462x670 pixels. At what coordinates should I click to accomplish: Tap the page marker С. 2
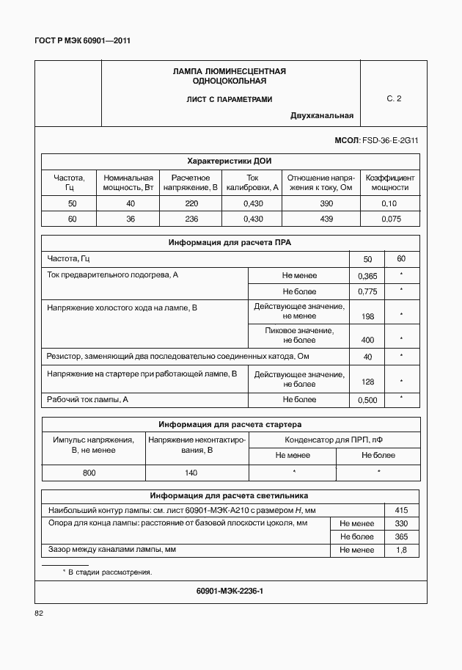click(x=394, y=98)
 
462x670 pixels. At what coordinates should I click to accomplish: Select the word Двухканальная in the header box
click(x=322, y=116)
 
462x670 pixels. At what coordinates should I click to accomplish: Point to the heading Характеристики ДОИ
click(x=230, y=161)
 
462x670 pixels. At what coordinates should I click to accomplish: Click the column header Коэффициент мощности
click(x=390, y=183)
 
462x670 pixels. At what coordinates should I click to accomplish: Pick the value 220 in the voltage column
click(x=191, y=203)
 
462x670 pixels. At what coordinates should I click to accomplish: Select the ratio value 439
click(x=326, y=219)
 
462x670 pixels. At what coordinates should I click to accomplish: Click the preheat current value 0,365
click(x=367, y=276)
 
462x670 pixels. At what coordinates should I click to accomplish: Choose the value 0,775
click(x=367, y=291)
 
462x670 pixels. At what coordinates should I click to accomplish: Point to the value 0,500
click(x=367, y=401)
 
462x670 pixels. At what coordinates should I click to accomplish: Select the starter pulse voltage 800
click(x=89, y=473)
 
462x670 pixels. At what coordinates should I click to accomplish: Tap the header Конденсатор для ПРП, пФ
click(x=334, y=440)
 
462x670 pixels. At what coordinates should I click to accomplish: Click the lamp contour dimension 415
click(x=401, y=510)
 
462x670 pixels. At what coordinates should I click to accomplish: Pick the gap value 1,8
click(x=401, y=550)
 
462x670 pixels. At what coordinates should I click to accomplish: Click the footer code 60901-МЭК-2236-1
click(x=230, y=591)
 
